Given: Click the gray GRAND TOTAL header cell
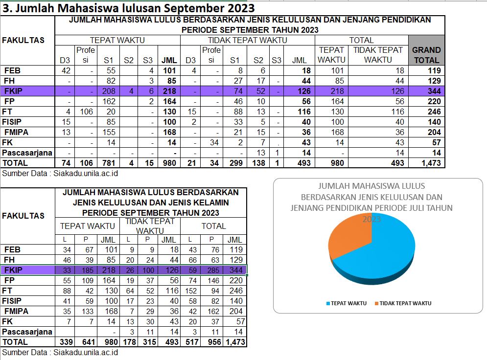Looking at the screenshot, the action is tap(426, 50).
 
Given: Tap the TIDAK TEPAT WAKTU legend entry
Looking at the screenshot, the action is tap(403, 303).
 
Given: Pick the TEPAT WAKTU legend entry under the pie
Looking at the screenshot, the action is tap(347, 303).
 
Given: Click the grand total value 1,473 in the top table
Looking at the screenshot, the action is tap(431, 163).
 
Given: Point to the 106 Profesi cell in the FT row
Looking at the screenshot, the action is tap(86, 112).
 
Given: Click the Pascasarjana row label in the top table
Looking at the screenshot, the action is tap(27, 153).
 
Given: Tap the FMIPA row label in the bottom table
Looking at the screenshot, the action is tap(16, 311).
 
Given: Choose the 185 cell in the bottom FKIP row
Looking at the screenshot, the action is tap(88, 270).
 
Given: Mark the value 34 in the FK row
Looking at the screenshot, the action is tap(214, 142).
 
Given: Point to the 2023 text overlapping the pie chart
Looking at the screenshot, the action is tap(371, 220).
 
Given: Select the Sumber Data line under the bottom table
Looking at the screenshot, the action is tap(60, 353).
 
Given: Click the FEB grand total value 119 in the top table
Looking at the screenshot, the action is tap(434, 71).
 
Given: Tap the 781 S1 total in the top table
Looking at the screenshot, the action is tap(109, 163).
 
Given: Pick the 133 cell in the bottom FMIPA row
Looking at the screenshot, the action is tap(88, 311).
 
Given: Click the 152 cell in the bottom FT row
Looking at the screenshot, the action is tap(191, 291).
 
